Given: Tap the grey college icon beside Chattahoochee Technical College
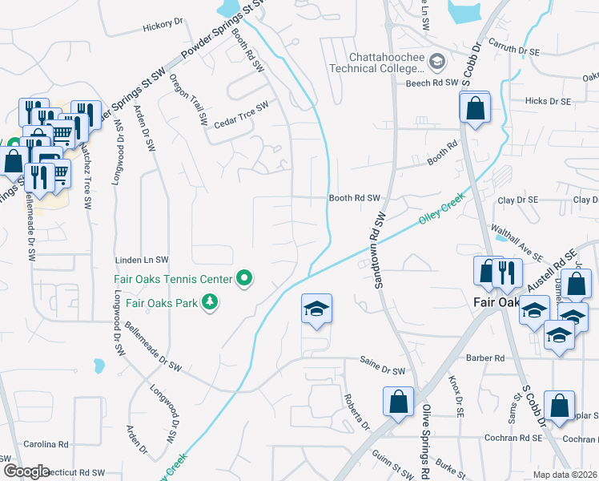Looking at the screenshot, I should pyautogui.click(x=437, y=61).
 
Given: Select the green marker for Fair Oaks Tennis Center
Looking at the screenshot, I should pyautogui.click(x=245, y=279).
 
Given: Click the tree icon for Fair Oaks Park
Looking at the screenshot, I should pyautogui.click(x=211, y=302).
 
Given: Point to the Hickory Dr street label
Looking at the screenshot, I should pyautogui.click(x=163, y=26).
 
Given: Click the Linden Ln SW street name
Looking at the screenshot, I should pyautogui.click(x=143, y=260).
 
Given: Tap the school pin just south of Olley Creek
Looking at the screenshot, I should pyautogui.click(x=316, y=309).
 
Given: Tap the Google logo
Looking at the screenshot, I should pyautogui.click(x=26, y=471).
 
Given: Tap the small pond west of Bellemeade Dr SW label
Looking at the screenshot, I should pyautogui.click(x=98, y=367).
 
